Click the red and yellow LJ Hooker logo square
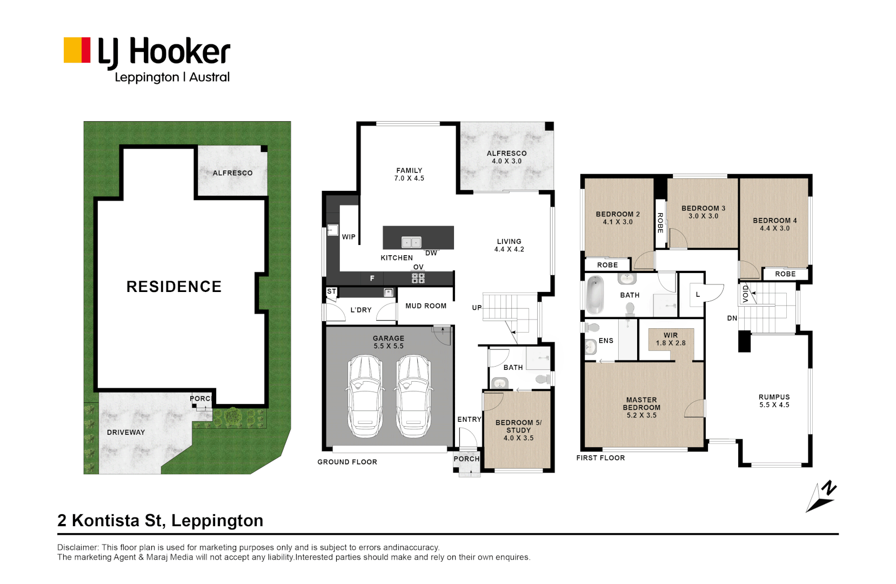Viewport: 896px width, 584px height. pyautogui.click(x=77, y=50)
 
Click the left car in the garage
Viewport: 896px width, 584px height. pyautogui.click(x=364, y=396)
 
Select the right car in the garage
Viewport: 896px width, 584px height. pyautogui.click(x=413, y=396)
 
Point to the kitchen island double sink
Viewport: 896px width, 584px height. pyautogui.click(x=411, y=242)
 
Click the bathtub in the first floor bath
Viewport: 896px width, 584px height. pyautogui.click(x=595, y=295)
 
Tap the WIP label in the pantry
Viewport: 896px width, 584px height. pyautogui.click(x=349, y=237)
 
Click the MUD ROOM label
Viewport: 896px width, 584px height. pyautogui.click(x=426, y=306)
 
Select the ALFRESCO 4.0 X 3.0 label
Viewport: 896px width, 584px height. pyautogui.click(x=506, y=157)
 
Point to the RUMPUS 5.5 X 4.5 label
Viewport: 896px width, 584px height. pyautogui.click(x=774, y=401)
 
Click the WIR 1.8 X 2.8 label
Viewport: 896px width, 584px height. pyautogui.click(x=671, y=340)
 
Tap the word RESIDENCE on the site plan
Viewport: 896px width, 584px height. pyautogui.click(x=174, y=287)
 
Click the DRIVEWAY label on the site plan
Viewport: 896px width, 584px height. pyautogui.click(x=125, y=432)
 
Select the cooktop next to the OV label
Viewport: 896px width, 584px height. pyautogui.click(x=418, y=278)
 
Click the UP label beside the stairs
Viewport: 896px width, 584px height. pyautogui.click(x=477, y=308)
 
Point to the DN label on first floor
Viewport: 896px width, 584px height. pyautogui.click(x=732, y=318)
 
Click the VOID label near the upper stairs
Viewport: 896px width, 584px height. pyautogui.click(x=745, y=294)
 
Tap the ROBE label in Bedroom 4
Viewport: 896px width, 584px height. pyautogui.click(x=785, y=274)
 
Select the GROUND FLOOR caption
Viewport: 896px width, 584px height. pyautogui.click(x=347, y=462)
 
